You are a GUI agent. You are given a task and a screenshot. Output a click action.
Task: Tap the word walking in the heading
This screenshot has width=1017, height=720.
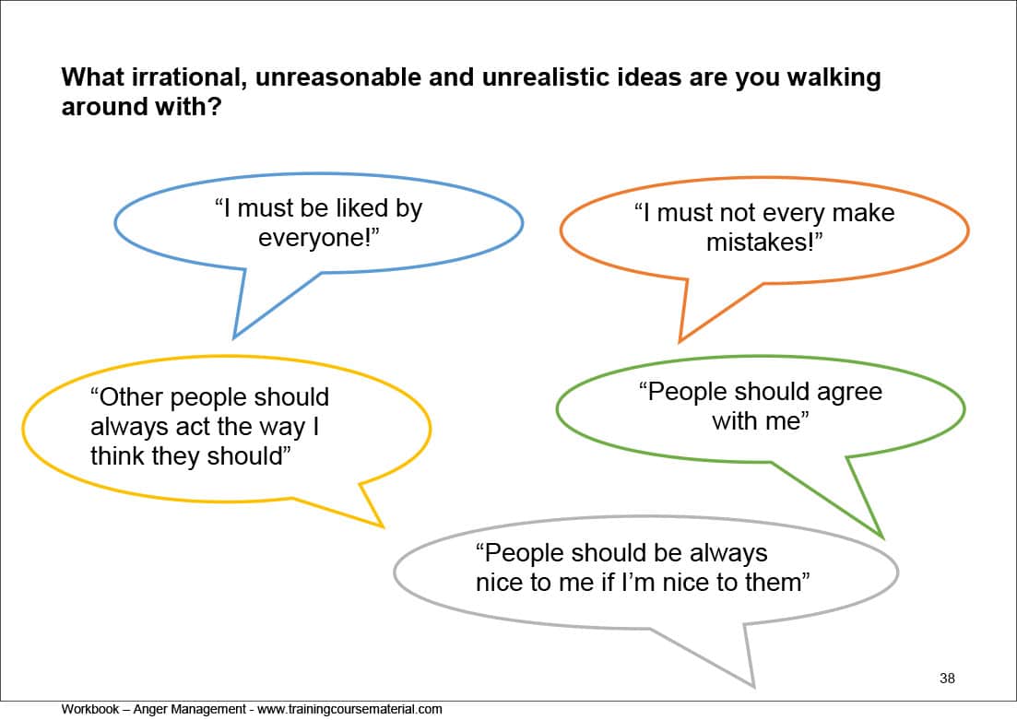tap(834, 78)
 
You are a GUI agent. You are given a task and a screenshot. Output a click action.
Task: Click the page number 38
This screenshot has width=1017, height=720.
tap(947, 679)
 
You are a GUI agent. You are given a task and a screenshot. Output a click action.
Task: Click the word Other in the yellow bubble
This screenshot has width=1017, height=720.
tap(132, 397)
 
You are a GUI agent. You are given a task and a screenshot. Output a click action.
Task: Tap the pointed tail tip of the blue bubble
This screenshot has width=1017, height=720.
tap(234, 338)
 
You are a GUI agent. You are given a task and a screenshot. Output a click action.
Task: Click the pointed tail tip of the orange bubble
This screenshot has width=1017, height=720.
tap(680, 342)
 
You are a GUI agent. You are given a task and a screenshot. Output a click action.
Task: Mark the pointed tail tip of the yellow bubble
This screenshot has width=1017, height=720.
tap(383, 526)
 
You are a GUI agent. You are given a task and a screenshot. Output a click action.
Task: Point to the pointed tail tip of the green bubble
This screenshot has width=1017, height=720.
tap(882, 537)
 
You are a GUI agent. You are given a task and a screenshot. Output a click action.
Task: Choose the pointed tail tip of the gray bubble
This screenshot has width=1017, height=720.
tap(753, 686)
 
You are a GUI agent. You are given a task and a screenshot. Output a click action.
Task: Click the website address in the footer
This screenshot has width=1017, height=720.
tap(349, 710)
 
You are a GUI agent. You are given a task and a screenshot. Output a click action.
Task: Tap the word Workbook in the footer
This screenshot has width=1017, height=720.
tap(90, 709)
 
